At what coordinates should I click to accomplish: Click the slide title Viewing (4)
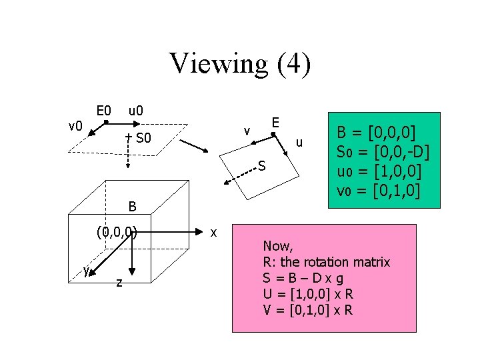[240, 64]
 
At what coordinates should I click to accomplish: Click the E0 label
[103, 110]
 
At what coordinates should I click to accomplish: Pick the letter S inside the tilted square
[262, 166]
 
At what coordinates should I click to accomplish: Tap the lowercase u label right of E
[299, 143]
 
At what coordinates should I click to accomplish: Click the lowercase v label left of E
[247, 131]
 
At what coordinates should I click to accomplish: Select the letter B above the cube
[133, 207]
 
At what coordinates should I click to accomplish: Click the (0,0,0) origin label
[117, 233]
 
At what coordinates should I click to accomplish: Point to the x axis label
[213, 233]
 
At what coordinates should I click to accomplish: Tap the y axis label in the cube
[86, 269]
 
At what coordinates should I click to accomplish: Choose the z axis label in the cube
[119, 283]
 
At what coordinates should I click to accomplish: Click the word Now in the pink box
[277, 246]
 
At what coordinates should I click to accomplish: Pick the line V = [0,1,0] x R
[308, 310]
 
